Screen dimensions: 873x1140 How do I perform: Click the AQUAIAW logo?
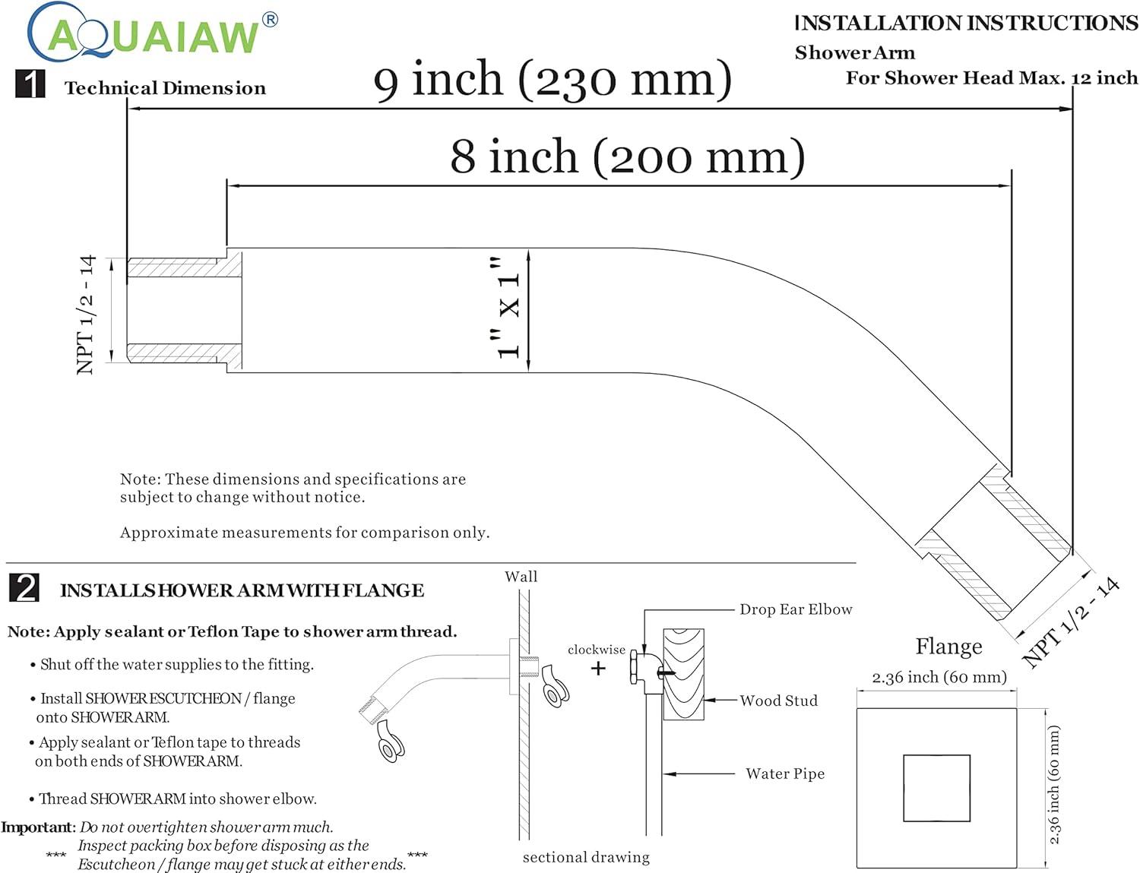point(152,33)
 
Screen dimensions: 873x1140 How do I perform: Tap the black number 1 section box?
point(30,84)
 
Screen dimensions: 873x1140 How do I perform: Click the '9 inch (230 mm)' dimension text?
point(553,80)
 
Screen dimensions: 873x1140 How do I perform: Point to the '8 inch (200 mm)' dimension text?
point(627,157)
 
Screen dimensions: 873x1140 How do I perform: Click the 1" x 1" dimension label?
point(508,308)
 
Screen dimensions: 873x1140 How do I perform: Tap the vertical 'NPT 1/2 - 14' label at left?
point(87,315)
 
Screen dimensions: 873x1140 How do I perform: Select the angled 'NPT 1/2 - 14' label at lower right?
point(1072,623)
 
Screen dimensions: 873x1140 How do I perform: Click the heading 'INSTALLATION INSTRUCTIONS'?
point(966,24)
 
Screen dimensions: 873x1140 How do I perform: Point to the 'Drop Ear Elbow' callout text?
point(796,609)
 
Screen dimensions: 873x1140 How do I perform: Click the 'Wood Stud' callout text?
point(779,701)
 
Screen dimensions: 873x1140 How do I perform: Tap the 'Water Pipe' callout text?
point(785,773)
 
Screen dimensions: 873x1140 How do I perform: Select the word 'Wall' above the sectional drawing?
point(521,577)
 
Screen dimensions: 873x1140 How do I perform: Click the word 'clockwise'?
point(597,650)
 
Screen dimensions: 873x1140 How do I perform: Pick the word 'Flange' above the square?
point(948,647)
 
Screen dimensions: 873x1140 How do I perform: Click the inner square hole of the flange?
point(936,788)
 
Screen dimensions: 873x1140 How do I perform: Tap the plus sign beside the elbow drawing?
point(598,669)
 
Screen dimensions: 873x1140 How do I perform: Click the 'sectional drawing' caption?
point(586,857)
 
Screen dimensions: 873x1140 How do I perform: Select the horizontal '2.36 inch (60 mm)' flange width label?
point(939,677)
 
